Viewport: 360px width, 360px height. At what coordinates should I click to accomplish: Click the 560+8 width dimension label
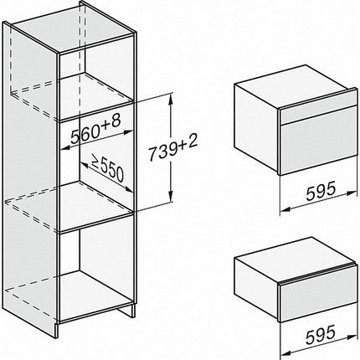[95, 129]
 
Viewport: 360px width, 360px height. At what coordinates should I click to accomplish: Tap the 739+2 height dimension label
[172, 149]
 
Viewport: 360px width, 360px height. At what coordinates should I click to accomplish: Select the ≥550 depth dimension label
[107, 167]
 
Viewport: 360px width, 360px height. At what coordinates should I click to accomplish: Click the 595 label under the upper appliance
[320, 191]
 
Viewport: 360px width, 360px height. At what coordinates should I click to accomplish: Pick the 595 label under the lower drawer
[320, 335]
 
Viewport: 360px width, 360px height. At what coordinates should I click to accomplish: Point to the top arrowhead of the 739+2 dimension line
[170, 98]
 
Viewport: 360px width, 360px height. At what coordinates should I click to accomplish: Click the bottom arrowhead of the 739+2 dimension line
[170, 198]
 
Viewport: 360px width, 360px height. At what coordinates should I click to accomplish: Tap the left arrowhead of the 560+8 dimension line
[64, 147]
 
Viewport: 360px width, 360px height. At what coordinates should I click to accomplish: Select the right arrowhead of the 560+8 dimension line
[129, 131]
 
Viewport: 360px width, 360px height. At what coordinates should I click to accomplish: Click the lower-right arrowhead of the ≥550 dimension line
[128, 189]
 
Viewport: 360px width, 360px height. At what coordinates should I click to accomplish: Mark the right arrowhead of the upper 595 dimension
[352, 193]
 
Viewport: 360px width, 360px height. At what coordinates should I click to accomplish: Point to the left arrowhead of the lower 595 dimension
[285, 353]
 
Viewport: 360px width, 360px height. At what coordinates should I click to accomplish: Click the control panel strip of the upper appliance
[318, 115]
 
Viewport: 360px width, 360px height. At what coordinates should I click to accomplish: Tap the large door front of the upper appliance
[318, 147]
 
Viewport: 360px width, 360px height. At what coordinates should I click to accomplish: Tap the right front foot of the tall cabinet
[133, 311]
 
